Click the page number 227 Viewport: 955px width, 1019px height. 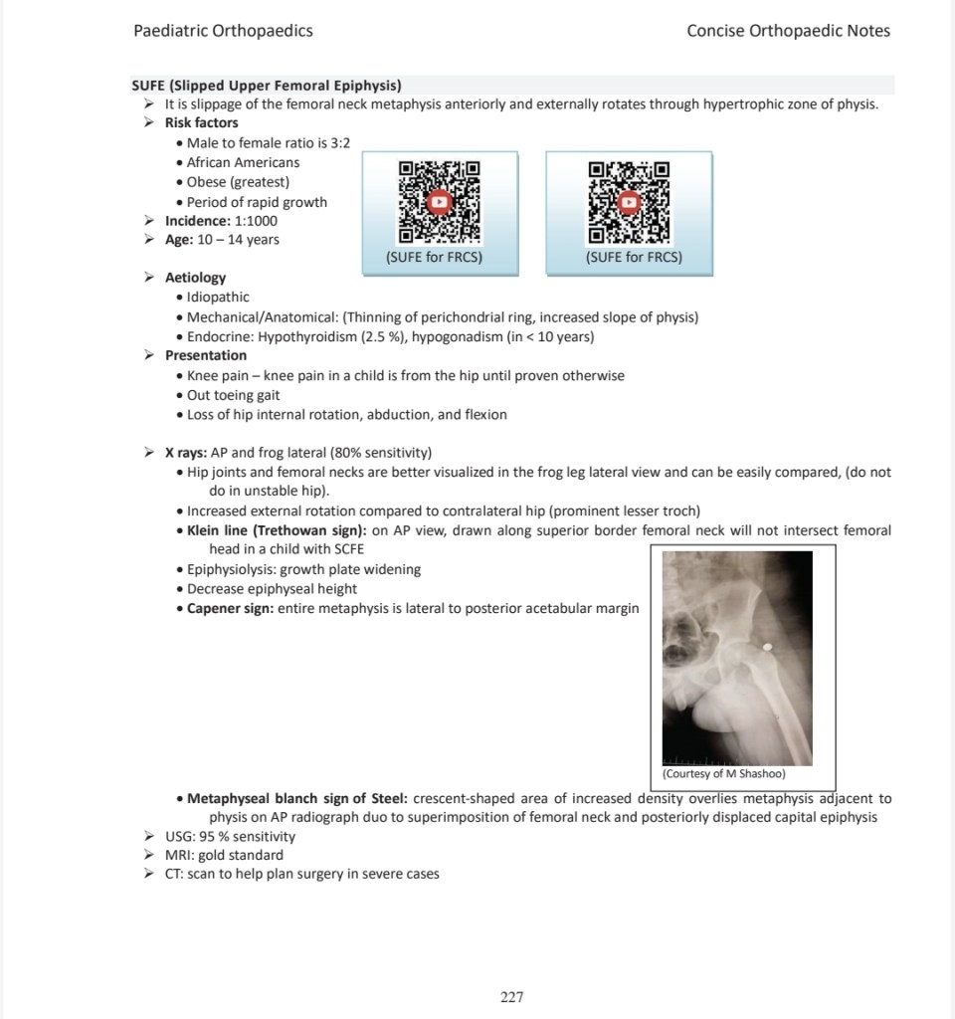(512, 997)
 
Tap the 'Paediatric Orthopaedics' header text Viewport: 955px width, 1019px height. (223, 31)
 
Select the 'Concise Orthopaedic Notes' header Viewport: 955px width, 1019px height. (788, 31)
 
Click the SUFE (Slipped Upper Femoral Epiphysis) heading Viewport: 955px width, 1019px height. (267, 86)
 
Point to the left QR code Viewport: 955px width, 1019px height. (439, 202)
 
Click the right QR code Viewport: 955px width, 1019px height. (629, 202)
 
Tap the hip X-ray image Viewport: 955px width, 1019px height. (737, 659)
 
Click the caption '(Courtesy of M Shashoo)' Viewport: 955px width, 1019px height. (724, 773)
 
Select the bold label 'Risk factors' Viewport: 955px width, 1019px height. (201, 122)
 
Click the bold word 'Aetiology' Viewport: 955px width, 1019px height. (195, 278)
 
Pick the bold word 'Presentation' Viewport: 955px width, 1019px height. (206, 355)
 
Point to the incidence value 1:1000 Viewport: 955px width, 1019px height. (256, 221)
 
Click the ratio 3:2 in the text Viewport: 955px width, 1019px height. (340, 143)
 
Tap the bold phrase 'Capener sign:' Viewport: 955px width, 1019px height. (231, 608)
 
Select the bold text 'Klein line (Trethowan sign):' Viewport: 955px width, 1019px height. (277, 530)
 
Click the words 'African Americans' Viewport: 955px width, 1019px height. (243, 162)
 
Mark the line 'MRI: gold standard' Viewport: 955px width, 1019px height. (224, 855)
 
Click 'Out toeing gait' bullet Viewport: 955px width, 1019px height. (233, 395)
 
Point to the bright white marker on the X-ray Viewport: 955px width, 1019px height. (767, 647)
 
